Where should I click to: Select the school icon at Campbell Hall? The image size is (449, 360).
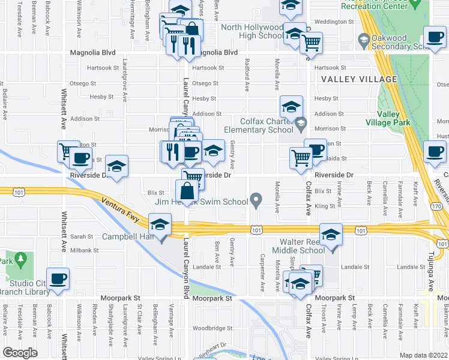click(160, 226)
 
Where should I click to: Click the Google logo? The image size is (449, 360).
click(19, 352)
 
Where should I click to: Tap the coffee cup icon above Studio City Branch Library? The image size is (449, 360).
click(58, 279)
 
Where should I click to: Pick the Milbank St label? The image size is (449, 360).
click(86, 250)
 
